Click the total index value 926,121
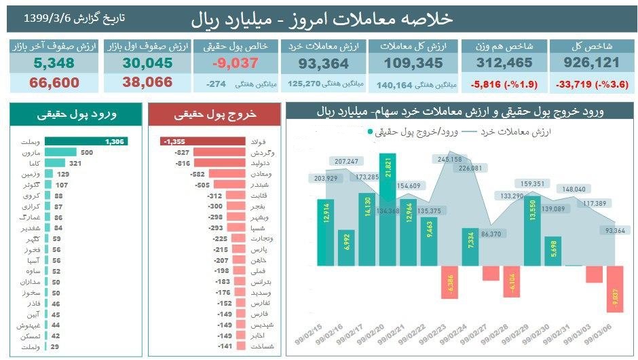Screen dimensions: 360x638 (592, 63)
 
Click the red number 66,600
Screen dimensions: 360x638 (54, 83)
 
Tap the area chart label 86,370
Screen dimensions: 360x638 (491, 234)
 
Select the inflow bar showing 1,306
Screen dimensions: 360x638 (89, 141)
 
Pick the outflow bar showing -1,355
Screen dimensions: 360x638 (203, 141)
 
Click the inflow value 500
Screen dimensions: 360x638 (86, 152)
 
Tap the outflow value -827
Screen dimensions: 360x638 (181, 153)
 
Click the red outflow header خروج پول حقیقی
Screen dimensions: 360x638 (214, 115)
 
